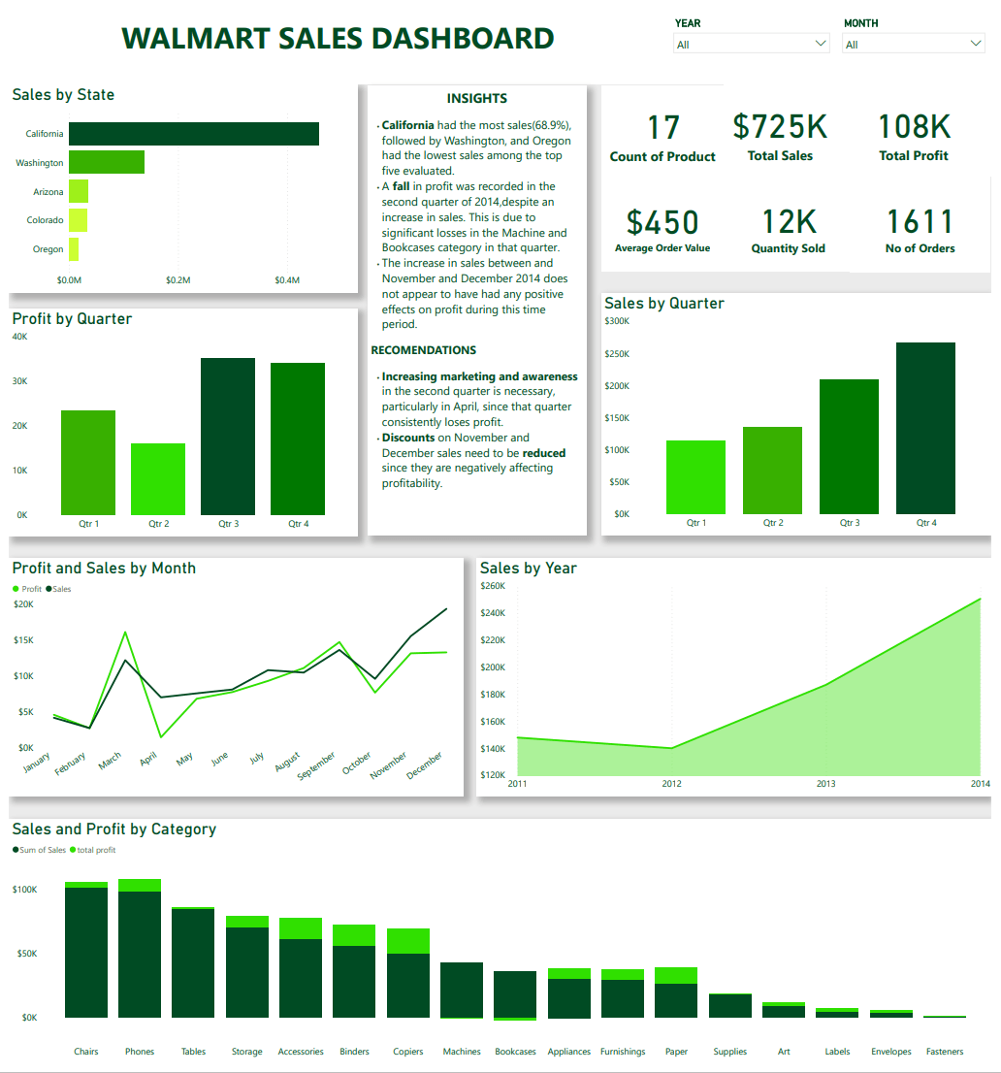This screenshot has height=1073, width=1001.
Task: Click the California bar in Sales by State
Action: [193, 134]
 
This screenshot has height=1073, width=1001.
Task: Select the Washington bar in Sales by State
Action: [106, 162]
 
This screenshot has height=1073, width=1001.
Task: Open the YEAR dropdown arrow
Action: [821, 44]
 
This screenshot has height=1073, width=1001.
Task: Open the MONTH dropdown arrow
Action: [976, 44]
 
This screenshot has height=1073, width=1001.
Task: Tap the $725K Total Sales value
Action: [780, 127]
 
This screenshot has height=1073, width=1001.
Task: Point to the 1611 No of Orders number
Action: [920, 222]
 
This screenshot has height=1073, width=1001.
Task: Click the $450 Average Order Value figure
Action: [662, 222]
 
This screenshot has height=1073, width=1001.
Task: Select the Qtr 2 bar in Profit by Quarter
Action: [158, 479]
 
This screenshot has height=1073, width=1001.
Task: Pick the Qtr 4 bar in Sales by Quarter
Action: [925, 428]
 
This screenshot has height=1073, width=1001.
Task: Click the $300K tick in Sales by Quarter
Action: [617, 321]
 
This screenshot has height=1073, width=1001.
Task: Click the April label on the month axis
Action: [147, 761]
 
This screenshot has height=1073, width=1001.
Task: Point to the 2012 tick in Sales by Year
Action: [671, 784]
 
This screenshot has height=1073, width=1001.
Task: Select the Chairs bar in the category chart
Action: [86, 951]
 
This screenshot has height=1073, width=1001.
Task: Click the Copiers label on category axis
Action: [407, 1052]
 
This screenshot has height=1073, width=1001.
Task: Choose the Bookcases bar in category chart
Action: [515, 993]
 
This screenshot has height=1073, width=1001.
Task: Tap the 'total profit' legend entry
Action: [93, 850]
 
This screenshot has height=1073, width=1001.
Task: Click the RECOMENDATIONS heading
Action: [423, 350]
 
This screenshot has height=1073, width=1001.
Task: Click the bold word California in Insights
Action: [407, 125]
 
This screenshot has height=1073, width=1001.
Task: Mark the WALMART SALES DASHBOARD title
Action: [338, 39]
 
